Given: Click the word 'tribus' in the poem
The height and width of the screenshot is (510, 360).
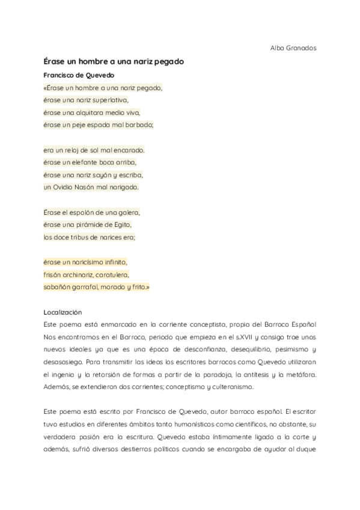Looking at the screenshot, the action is pyautogui.click(x=83, y=237).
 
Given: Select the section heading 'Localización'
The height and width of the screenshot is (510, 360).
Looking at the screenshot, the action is pyautogui.click(x=63, y=312).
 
